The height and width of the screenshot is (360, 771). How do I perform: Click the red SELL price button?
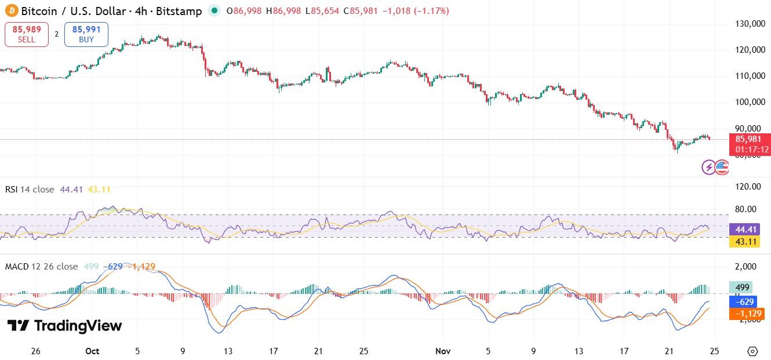(x=26, y=34)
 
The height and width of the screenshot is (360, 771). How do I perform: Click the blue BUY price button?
(x=86, y=34)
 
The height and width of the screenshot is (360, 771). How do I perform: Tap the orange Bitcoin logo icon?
(x=12, y=11)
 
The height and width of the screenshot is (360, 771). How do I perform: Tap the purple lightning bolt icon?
(x=708, y=168)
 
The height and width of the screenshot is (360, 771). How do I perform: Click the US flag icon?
(x=722, y=168)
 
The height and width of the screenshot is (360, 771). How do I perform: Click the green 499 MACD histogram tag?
(x=741, y=287)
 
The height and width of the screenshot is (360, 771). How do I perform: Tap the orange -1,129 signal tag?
(x=743, y=314)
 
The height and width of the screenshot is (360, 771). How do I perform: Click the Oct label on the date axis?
(x=92, y=351)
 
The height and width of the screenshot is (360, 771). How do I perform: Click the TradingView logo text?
(x=65, y=326)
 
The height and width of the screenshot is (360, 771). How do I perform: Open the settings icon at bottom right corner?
(x=752, y=351)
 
